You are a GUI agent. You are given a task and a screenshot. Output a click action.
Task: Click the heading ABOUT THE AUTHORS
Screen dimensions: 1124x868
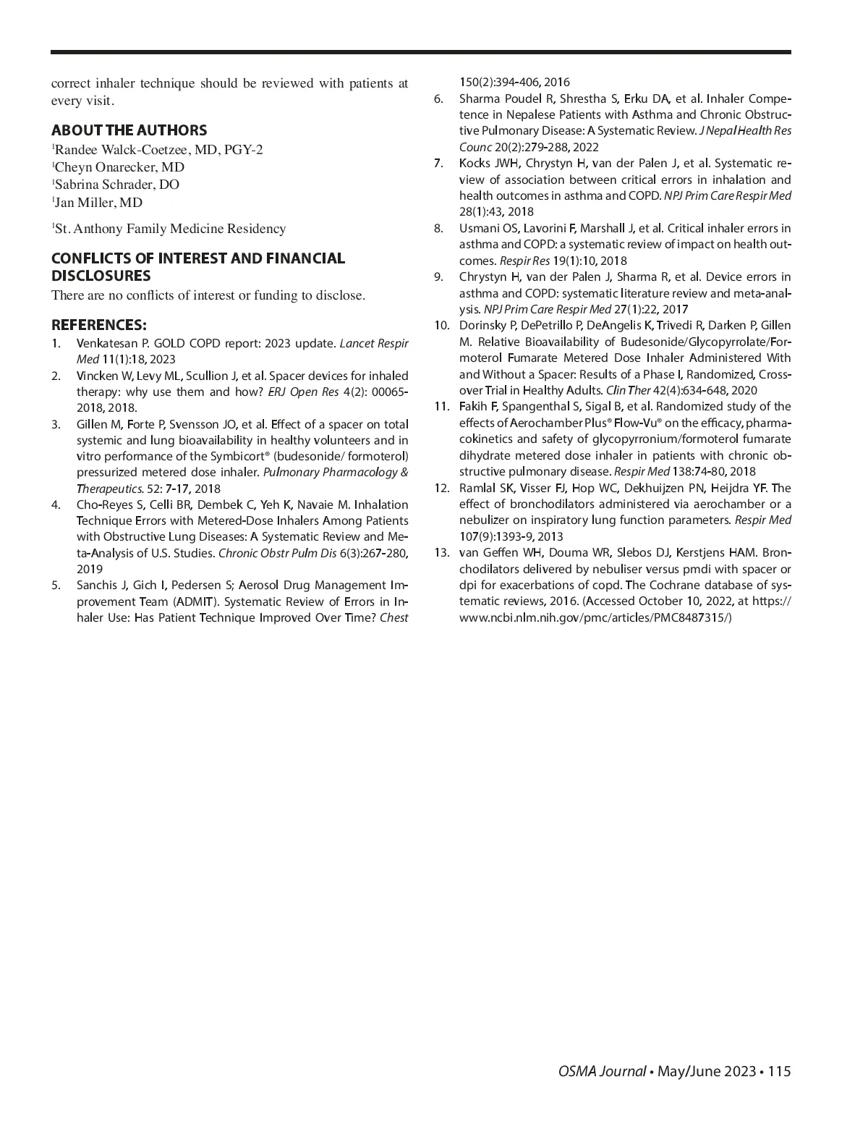[x=129, y=130]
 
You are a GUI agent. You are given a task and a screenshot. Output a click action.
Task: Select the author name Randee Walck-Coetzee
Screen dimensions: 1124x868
[x=119, y=150]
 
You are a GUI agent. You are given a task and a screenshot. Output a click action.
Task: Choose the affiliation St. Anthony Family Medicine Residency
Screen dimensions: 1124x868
[x=170, y=229]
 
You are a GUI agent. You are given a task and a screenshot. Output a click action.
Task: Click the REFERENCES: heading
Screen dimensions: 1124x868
[x=98, y=324]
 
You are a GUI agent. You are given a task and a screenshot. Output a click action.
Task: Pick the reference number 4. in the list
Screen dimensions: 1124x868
[x=56, y=504]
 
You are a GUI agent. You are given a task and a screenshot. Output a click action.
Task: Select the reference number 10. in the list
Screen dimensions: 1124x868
[x=441, y=325]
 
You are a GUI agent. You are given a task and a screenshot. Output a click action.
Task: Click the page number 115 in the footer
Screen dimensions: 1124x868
[x=780, y=1072]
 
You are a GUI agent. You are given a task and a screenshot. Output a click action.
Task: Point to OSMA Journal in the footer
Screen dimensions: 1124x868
[x=602, y=1072]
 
